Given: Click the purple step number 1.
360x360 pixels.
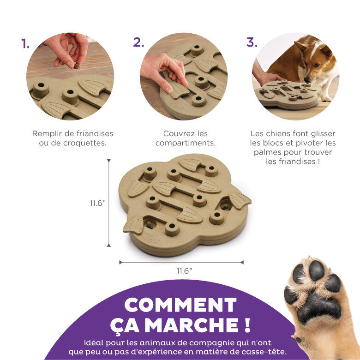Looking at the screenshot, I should [25, 44].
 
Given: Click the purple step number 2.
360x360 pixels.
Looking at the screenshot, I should [138, 42].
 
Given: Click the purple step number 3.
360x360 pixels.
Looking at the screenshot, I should [252, 42].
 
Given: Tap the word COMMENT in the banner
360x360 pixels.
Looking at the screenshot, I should [180, 305].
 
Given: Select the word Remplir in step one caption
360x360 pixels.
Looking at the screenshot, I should [48, 133].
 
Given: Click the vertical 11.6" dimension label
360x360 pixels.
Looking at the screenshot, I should [98, 203].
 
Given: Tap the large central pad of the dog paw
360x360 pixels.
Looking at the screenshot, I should [318, 307].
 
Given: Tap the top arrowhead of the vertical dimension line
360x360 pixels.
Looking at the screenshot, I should [109, 161].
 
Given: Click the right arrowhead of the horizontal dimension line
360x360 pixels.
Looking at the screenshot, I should [242, 262].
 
